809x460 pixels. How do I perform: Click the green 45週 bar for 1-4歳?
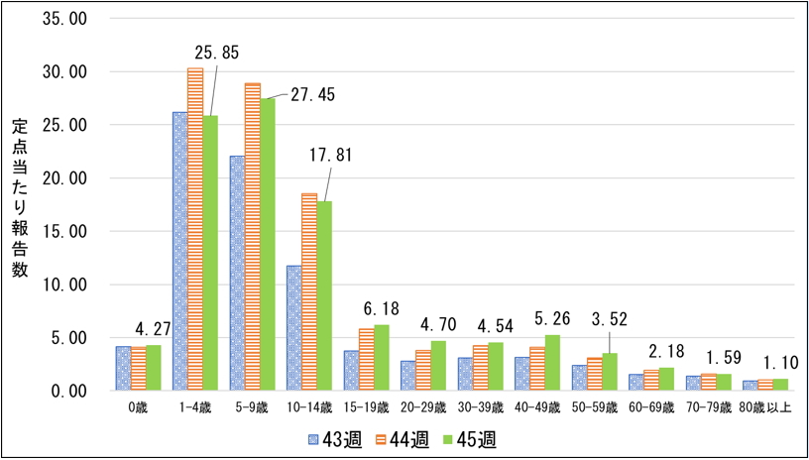pyautogui.click(x=210, y=253)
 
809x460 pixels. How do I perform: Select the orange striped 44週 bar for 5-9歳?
pyautogui.click(x=253, y=237)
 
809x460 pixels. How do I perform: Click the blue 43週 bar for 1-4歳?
pyautogui.click(x=179, y=252)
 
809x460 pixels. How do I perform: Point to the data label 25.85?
pyautogui.click(x=219, y=52)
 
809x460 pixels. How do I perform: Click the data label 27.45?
pyautogui.click(x=313, y=95)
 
